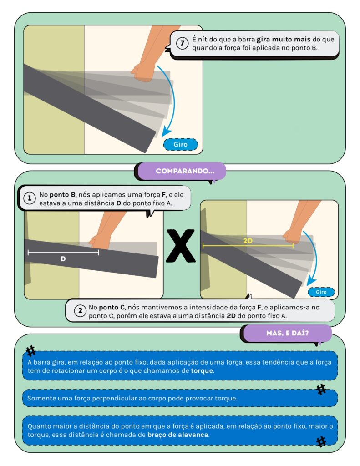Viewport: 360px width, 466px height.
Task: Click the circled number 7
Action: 182,43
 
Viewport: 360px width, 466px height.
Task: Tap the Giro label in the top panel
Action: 180,144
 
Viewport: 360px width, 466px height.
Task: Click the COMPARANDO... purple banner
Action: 185,171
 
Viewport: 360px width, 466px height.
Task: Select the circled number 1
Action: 30,198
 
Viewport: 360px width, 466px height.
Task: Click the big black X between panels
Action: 181,246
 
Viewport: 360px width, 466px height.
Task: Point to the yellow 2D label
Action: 248,241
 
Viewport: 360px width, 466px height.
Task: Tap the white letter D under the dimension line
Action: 63,259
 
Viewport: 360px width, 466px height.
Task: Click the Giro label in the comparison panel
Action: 321,292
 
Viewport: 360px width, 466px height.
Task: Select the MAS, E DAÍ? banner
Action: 288,333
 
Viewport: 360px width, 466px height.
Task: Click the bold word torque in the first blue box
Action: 202,370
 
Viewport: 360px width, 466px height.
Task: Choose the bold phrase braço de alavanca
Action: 178,435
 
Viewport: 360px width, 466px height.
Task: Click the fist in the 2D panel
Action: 293,236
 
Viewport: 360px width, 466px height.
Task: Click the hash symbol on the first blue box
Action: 30,351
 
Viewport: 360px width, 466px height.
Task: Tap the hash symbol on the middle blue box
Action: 321,390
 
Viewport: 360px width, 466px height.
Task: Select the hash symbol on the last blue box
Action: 321,441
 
